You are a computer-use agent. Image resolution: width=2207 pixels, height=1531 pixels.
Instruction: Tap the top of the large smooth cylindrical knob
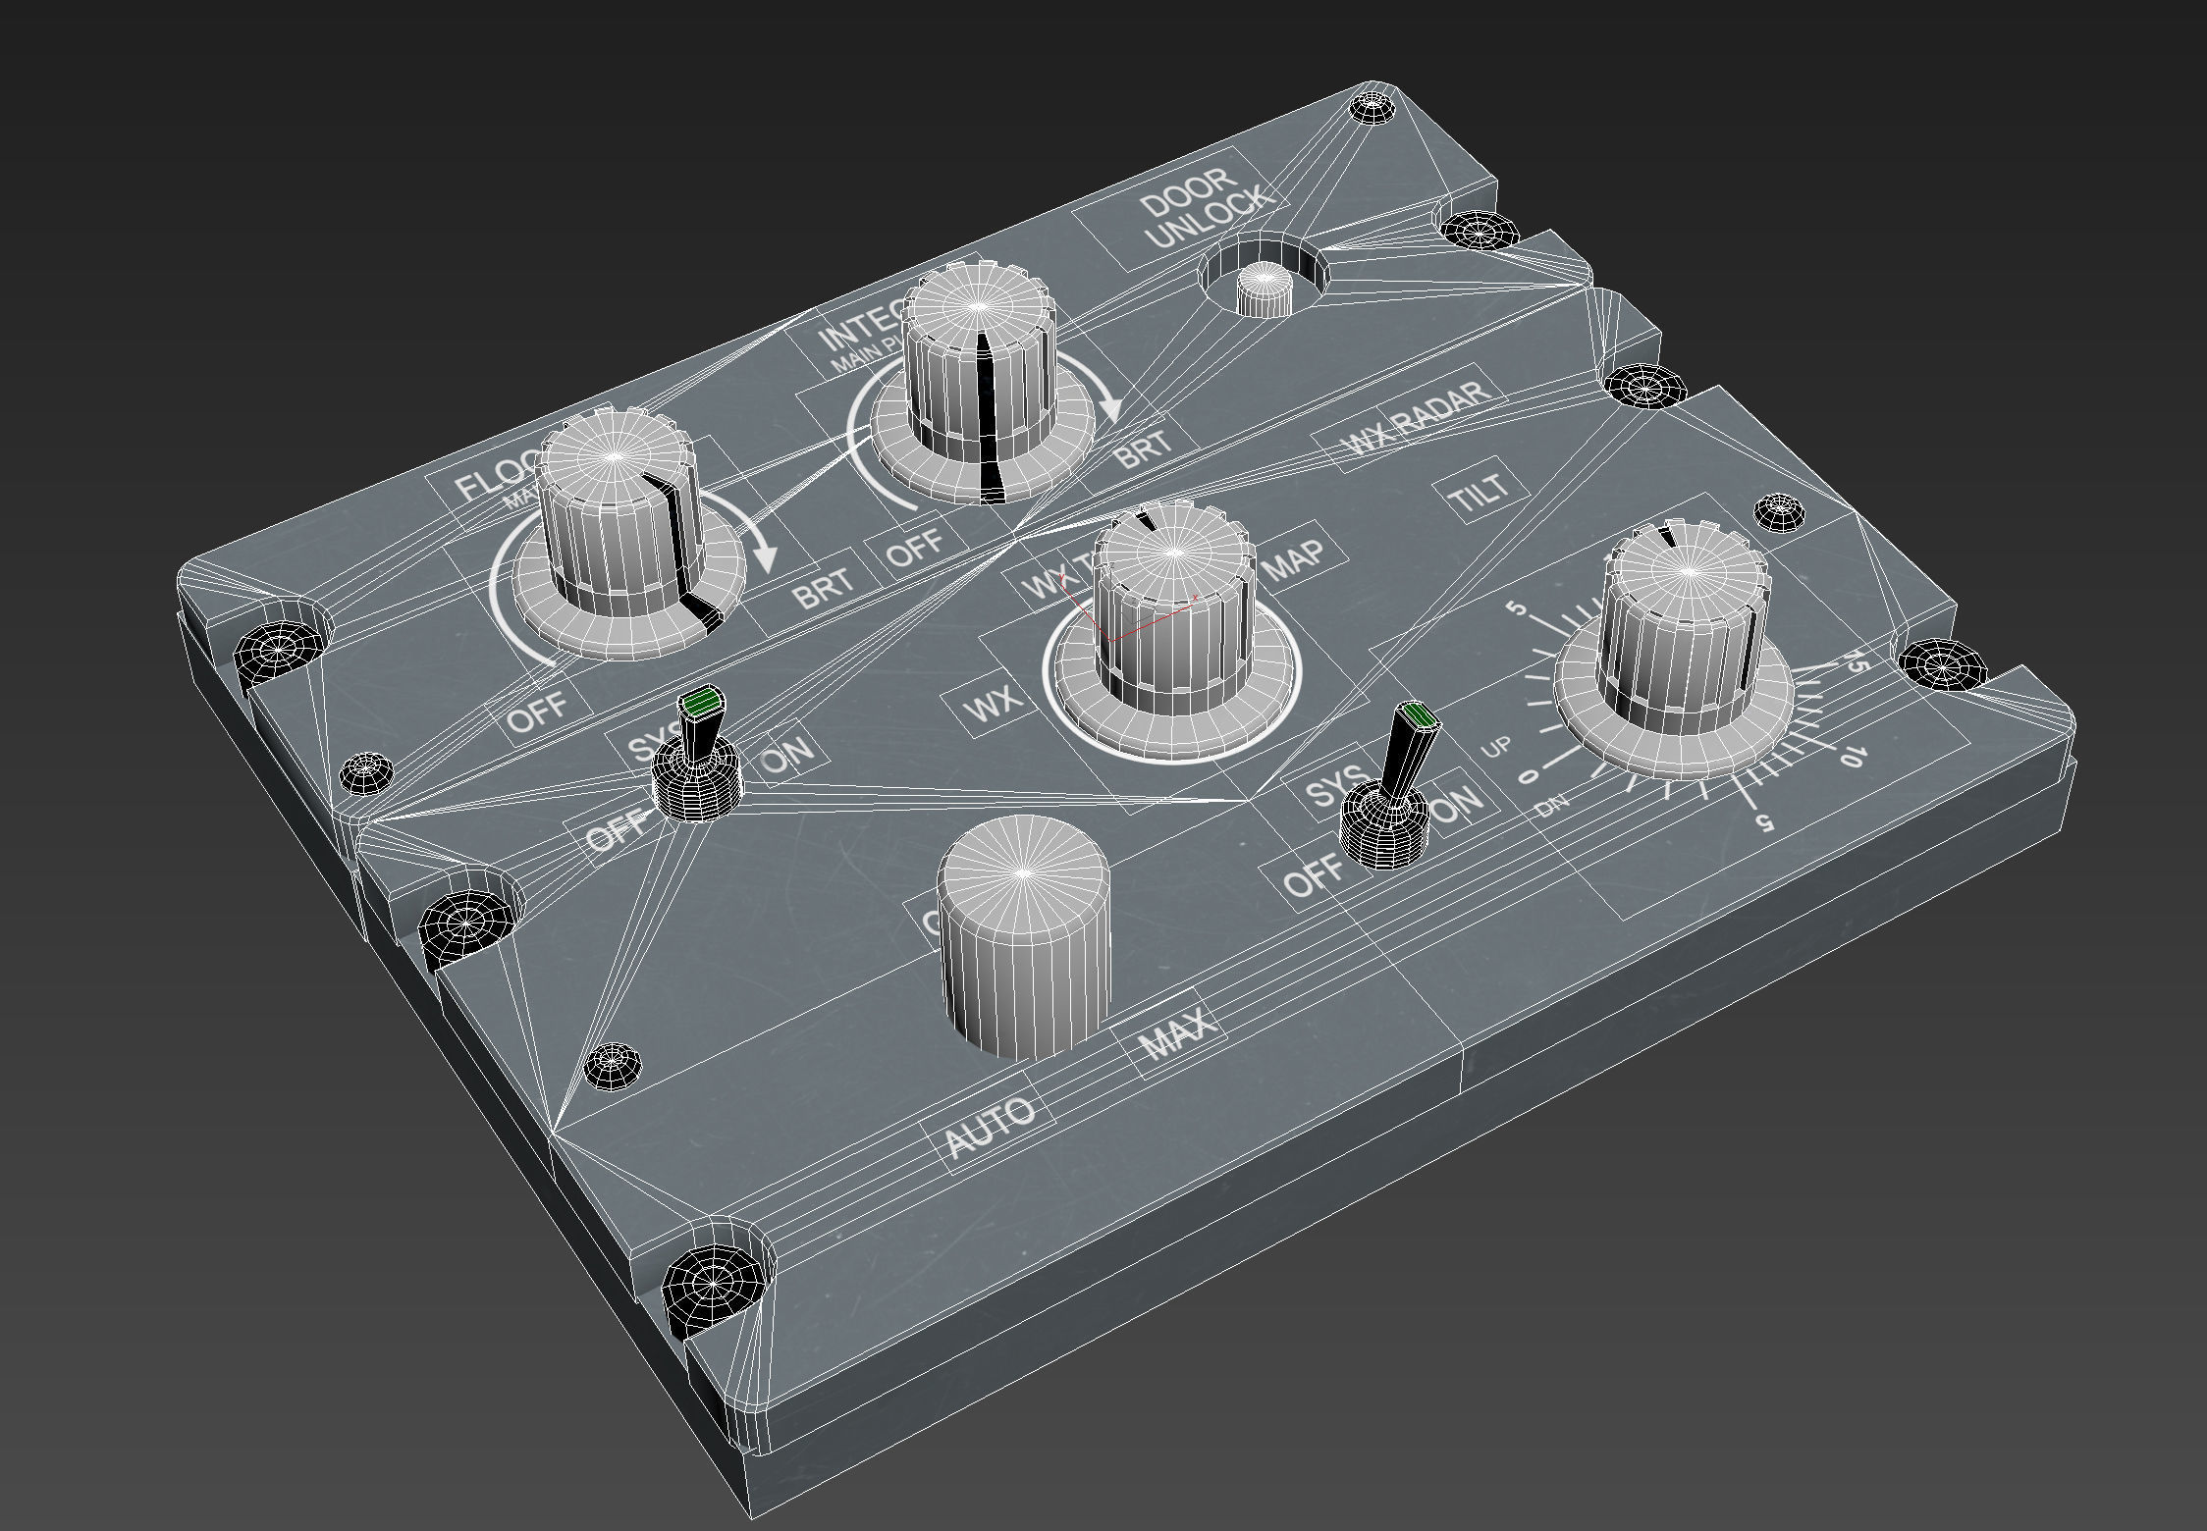tap(1023, 871)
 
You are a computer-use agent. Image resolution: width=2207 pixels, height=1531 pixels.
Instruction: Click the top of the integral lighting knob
tap(977, 307)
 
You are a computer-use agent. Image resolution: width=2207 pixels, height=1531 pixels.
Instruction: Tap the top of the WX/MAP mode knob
tap(1174, 554)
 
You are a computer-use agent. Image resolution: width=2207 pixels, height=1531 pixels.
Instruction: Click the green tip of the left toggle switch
tap(702, 702)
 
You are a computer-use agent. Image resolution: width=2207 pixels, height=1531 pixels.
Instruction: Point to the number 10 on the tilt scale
tap(1848, 756)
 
